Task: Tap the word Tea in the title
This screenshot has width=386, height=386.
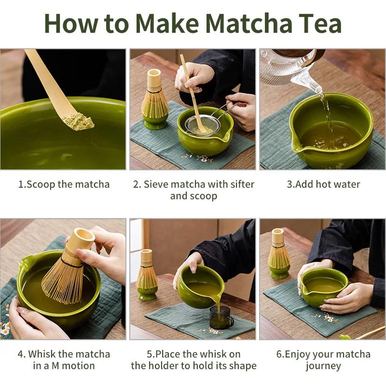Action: pyautogui.click(x=319, y=23)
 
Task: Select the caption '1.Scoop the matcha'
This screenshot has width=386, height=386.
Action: pyautogui.click(x=64, y=184)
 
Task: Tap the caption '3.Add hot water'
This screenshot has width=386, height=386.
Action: pyautogui.click(x=323, y=184)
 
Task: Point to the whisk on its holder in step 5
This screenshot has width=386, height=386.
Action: pyautogui.click(x=147, y=275)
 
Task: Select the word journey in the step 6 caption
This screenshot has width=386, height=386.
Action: pyautogui.click(x=323, y=366)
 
